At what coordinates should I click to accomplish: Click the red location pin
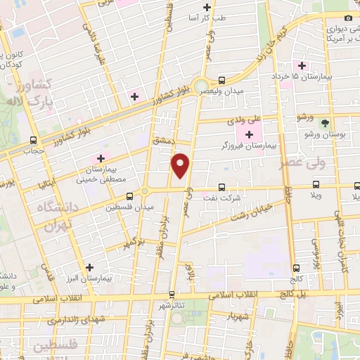point(181,165)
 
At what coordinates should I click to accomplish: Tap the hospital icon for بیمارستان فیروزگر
point(250,134)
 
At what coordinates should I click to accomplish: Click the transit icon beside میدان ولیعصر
point(221,80)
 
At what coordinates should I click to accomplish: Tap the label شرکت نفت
point(226,198)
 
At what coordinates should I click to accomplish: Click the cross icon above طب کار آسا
point(206,8)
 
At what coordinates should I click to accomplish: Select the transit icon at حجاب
point(34,140)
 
